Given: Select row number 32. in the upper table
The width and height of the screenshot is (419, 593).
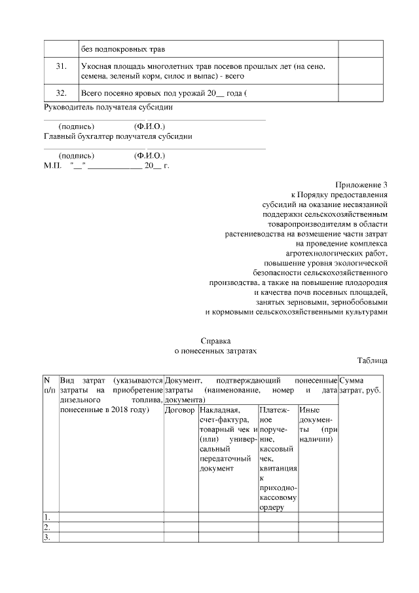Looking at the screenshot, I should click(x=60, y=93).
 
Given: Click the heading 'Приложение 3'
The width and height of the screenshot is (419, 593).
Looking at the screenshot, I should click(x=362, y=185).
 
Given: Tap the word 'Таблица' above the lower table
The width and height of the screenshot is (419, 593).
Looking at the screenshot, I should click(x=373, y=361).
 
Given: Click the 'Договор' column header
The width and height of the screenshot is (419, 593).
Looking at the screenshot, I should click(x=180, y=410).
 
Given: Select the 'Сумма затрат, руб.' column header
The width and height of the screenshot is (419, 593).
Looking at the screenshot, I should click(x=359, y=385).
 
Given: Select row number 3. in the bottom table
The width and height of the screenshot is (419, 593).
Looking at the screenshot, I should click(x=48, y=537).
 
